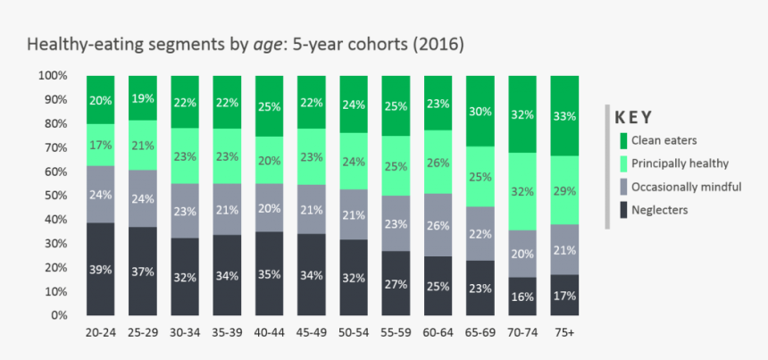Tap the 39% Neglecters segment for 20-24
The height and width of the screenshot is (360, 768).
(x=100, y=269)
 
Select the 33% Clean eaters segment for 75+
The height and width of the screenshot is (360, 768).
(x=564, y=115)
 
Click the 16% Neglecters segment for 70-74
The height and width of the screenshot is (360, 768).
(x=522, y=296)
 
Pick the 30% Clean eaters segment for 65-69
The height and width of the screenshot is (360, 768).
(x=480, y=112)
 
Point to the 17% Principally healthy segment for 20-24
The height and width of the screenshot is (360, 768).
(x=100, y=145)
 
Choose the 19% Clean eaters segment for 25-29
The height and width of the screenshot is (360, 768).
(x=142, y=98)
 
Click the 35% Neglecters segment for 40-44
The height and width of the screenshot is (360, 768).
(x=269, y=273)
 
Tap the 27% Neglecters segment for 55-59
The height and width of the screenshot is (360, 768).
(x=396, y=283)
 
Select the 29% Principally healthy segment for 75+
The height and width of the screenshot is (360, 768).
(x=564, y=190)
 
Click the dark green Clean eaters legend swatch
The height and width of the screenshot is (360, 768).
(x=622, y=139)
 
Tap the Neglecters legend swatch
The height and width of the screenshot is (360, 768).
(x=622, y=210)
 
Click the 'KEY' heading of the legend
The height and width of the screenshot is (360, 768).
(x=635, y=117)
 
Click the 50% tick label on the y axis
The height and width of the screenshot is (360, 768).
(x=56, y=196)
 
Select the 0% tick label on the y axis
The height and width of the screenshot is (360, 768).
(x=59, y=315)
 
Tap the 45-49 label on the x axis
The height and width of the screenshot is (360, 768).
(x=311, y=332)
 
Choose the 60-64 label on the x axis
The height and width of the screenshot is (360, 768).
(x=438, y=332)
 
